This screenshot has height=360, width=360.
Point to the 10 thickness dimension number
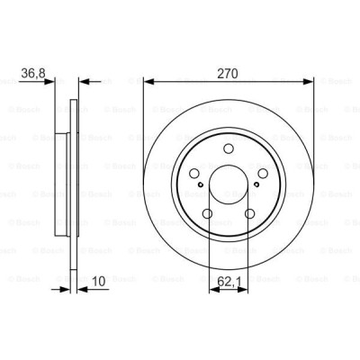(99, 281)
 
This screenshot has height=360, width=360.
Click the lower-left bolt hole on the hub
(209, 214)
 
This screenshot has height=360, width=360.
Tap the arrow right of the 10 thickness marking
(84, 290)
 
